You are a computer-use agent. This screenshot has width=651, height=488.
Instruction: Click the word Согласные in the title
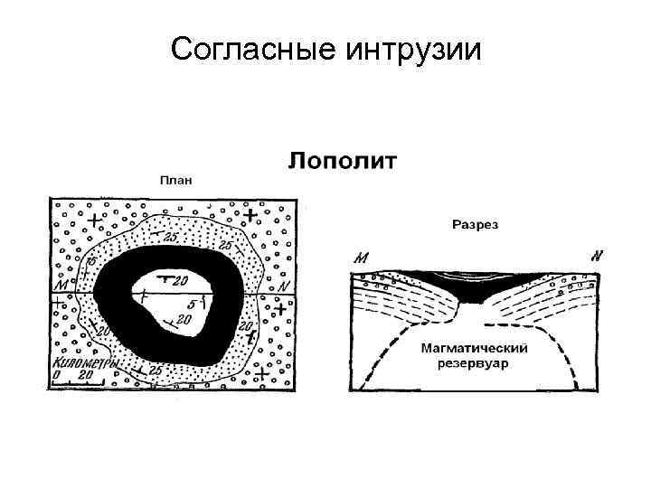pos(250,49)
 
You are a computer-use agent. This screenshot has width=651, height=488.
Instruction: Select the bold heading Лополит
pos(343,163)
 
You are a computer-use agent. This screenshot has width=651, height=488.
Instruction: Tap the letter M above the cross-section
pos(362,258)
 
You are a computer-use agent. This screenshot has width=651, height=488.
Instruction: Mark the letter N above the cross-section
pos(597,256)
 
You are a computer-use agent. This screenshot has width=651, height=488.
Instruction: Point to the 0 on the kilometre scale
pos(57,374)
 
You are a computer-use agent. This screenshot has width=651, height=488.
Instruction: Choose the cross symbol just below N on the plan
pos(282,309)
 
